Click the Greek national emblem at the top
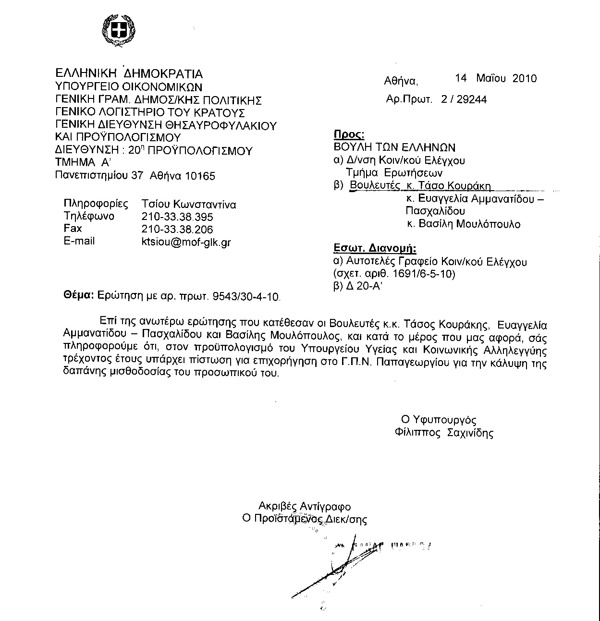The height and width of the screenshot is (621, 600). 118,32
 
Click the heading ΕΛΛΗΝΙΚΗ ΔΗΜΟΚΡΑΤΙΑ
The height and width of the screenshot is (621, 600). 129,73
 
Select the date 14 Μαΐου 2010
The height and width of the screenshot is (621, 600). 496,78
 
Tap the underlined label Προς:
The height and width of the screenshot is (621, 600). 349,134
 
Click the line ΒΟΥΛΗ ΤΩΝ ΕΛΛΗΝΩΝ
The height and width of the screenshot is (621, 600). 394,147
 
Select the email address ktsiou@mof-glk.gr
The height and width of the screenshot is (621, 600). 186,242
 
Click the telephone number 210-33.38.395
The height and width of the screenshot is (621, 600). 177,217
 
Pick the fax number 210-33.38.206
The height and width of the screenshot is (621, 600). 177,229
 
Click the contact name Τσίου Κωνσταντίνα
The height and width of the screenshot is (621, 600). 188,204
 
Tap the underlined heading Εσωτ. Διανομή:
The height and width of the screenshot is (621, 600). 375,249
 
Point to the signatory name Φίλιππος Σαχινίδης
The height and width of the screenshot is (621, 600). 443,433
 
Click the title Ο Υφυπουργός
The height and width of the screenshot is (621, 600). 439,420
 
